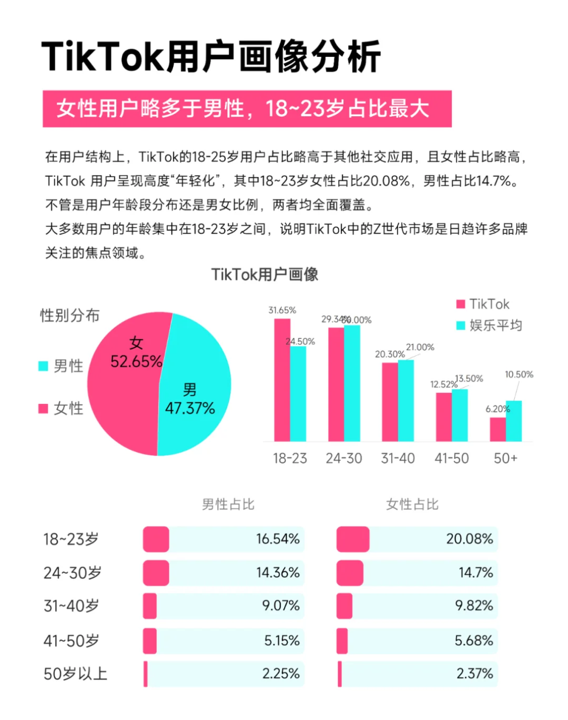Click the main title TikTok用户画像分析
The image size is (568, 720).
pyautogui.click(x=211, y=56)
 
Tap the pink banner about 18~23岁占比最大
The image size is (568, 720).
pyautogui.click(x=247, y=109)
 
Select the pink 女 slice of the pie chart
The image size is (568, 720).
pyautogui.click(x=124, y=389)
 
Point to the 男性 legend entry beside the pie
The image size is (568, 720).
pyautogui.click(x=61, y=366)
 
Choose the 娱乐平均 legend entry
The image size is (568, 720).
pyautogui.click(x=489, y=326)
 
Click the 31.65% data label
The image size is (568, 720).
pyautogui.click(x=282, y=310)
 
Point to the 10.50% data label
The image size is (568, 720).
pyautogui.click(x=519, y=374)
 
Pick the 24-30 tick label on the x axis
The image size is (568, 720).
pyautogui.click(x=343, y=459)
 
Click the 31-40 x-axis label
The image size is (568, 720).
pyautogui.click(x=398, y=459)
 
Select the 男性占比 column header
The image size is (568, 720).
pyautogui.click(x=228, y=504)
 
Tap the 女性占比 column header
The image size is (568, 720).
pyautogui.click(x=412, y=504)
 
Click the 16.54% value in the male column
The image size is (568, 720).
pyautogui.click(x=278, y=539)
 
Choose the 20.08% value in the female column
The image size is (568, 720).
pyautogui.click(x=469, y=539)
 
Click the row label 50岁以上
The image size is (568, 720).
pyautogui.click(x=75, y=674)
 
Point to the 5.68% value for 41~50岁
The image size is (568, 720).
pyautogui.click(x=473, y=641)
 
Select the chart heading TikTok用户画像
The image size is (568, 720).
pyautogui.click(x=265, y=275)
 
